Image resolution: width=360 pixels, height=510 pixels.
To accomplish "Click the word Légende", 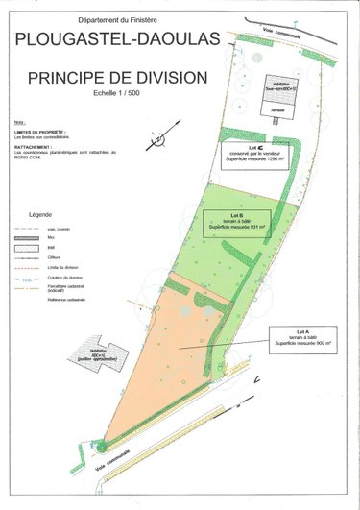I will tap(46, 213).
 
